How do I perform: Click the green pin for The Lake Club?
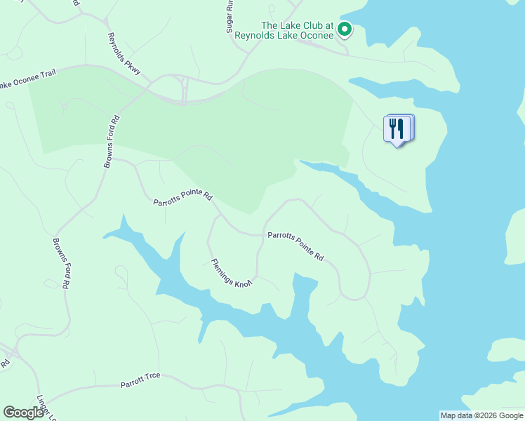(x=344, y=29)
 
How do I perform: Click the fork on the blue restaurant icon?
(x=393, y=128)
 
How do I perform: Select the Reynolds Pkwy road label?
(x=124, y=54)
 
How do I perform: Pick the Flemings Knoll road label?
(x=231, y=273)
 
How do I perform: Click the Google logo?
(x=23, y=413)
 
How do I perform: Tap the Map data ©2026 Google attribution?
(x=481, y=415)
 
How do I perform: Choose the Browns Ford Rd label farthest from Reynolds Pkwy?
(x=63, y=264)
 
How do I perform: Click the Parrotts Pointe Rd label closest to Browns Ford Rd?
(x=183, y=199)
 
